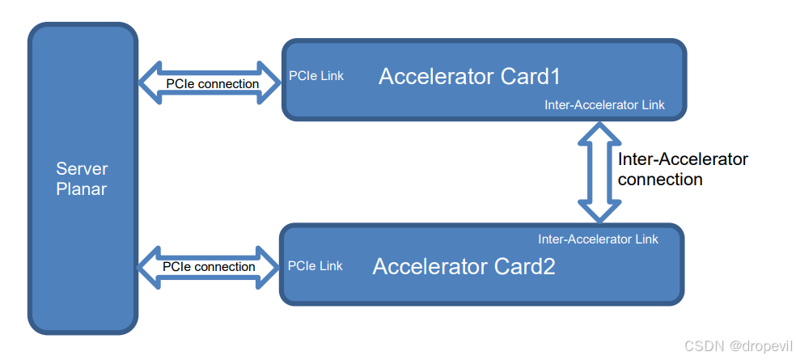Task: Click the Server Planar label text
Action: tap(82, 179)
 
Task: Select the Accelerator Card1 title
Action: tap(469, 77)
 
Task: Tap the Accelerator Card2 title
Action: tap(464, 267)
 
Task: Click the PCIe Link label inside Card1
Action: tap(316, 76)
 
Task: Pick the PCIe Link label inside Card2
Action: tap(315, 266)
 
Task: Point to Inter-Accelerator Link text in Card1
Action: tap(604, 105)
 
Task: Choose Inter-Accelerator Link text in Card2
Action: tap(598, 239)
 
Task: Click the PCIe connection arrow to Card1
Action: tap(210, 83)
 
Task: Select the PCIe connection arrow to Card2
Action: tap(208, 268)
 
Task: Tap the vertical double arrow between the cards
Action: tap(599, 172)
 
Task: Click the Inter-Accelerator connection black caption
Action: tap(683, 169)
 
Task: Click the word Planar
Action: tap(82, 189)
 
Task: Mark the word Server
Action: tap(82, 169)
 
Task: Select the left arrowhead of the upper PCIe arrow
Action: tap(149, 83)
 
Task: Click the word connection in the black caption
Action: tap(660, 180)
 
